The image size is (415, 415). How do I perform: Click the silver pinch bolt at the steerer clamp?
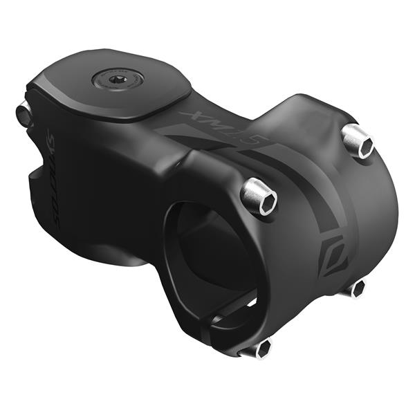tap(24, 113)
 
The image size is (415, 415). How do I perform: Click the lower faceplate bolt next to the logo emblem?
tap(355, 288)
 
